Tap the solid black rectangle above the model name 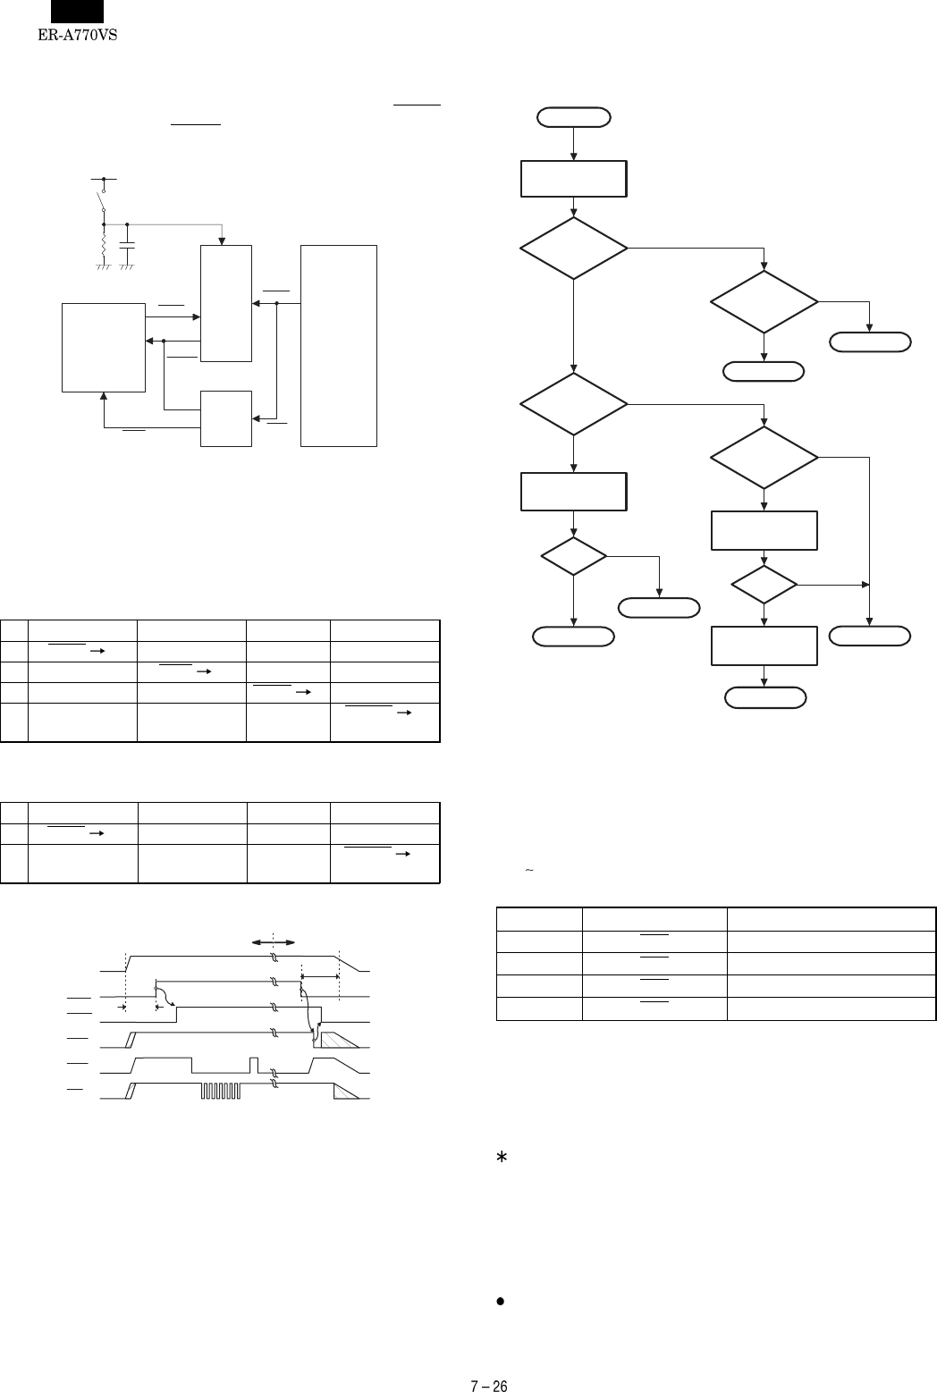coord(77,12)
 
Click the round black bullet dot coord(501,1303)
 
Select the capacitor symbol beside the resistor coord(127,242)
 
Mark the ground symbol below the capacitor coord(127,266)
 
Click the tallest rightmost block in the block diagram coord(340,345)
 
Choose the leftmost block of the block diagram coord(104,347)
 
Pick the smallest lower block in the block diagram coord(226,418)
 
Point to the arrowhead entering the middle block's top coord(222,240)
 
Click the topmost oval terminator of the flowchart coord(573,116)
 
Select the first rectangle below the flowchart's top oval coord(573,179)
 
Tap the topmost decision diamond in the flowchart coord(573,248)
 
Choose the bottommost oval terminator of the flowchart coord(764,697)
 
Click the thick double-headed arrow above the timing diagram coord(274,942)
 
